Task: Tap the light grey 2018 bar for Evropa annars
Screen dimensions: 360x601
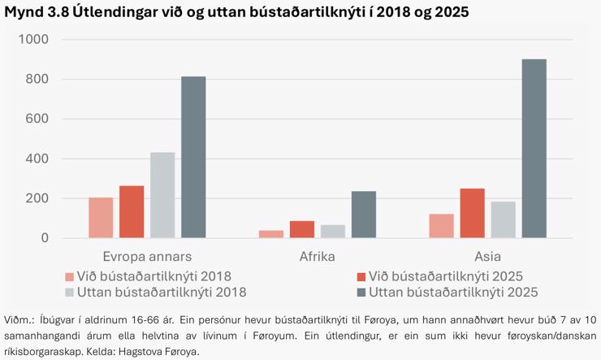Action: tap(162, 195)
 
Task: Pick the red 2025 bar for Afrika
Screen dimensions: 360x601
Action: tap(302, 229)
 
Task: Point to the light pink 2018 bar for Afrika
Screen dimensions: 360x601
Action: tap(271, 234)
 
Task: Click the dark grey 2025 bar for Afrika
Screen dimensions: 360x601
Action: tap(364, 215)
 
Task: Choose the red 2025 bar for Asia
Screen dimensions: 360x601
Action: tap(472, 213)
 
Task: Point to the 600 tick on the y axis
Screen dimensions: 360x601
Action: tap(37, 119)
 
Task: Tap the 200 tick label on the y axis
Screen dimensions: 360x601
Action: tap(37, 198)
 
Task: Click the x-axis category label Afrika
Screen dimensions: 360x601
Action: tap(318, 256)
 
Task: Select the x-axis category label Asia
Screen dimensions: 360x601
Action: tap(487, 256)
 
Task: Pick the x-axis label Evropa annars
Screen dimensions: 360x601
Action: tap(147, 256)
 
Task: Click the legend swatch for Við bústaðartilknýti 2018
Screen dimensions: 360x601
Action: tap(69, 276)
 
